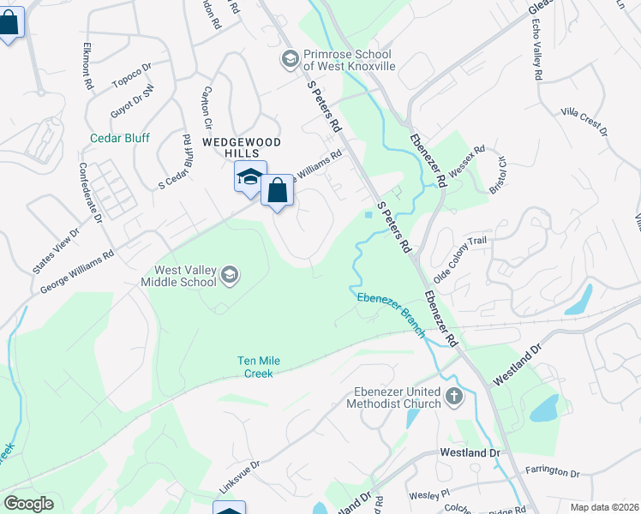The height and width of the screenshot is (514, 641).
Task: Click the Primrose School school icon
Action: click(289, 59)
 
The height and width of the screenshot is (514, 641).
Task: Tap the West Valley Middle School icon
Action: click(229, 275)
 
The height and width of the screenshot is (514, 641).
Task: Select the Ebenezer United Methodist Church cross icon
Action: click(453, 397)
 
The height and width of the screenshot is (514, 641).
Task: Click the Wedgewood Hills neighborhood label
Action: click(230, 146)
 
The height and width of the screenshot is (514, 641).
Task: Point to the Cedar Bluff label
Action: click(120, 138)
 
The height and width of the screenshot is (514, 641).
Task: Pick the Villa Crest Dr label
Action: click(584, 122)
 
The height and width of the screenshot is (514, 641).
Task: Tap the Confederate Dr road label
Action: click(90, 193)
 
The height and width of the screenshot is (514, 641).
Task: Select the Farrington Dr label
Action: click(552, 471)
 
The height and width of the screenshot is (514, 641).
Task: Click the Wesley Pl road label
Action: click(428, 493)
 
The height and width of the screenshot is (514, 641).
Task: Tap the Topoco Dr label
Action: click(131, 75)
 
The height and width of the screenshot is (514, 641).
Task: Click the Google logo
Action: click(28, 504)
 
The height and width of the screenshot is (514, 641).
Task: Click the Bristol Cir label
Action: click(499, 174)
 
